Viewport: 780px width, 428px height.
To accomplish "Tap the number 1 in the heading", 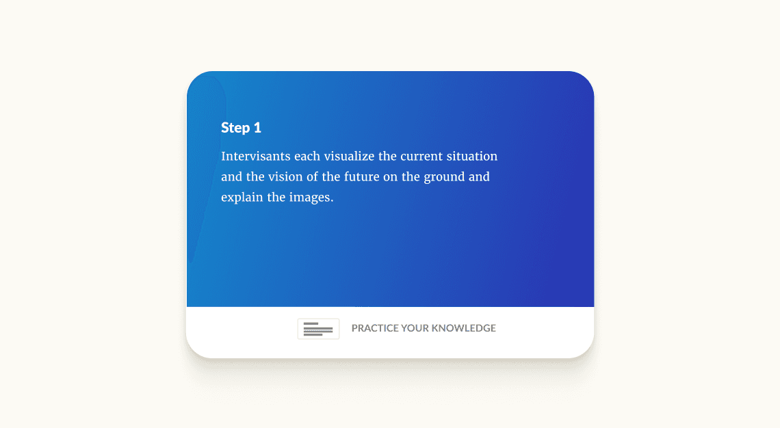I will tap(257, 128).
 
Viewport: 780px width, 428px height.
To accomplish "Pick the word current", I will tap(422, 157).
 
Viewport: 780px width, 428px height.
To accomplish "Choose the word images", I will tap(311, 198).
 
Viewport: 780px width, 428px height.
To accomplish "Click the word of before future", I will tap(311, 177).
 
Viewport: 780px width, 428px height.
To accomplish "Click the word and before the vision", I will tap(232, 177).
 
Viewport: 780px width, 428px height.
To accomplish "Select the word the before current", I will tap(387, 157).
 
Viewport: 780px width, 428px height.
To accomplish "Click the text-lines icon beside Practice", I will tap(318, 329).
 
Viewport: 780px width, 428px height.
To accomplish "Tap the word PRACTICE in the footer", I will tap(375, 328).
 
